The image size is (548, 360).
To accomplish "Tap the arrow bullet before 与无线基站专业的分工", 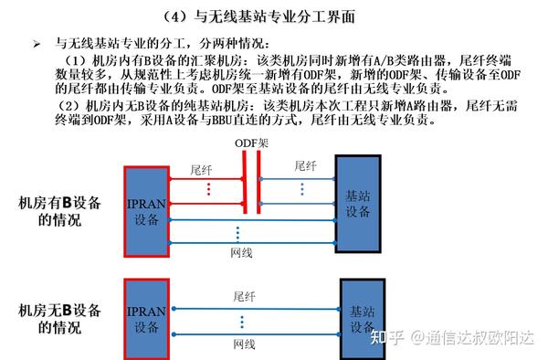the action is pos(37,44).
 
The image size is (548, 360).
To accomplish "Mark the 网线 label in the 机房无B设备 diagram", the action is pos(244,344).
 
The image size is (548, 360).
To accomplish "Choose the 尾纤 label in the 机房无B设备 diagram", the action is pos(245,297).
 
